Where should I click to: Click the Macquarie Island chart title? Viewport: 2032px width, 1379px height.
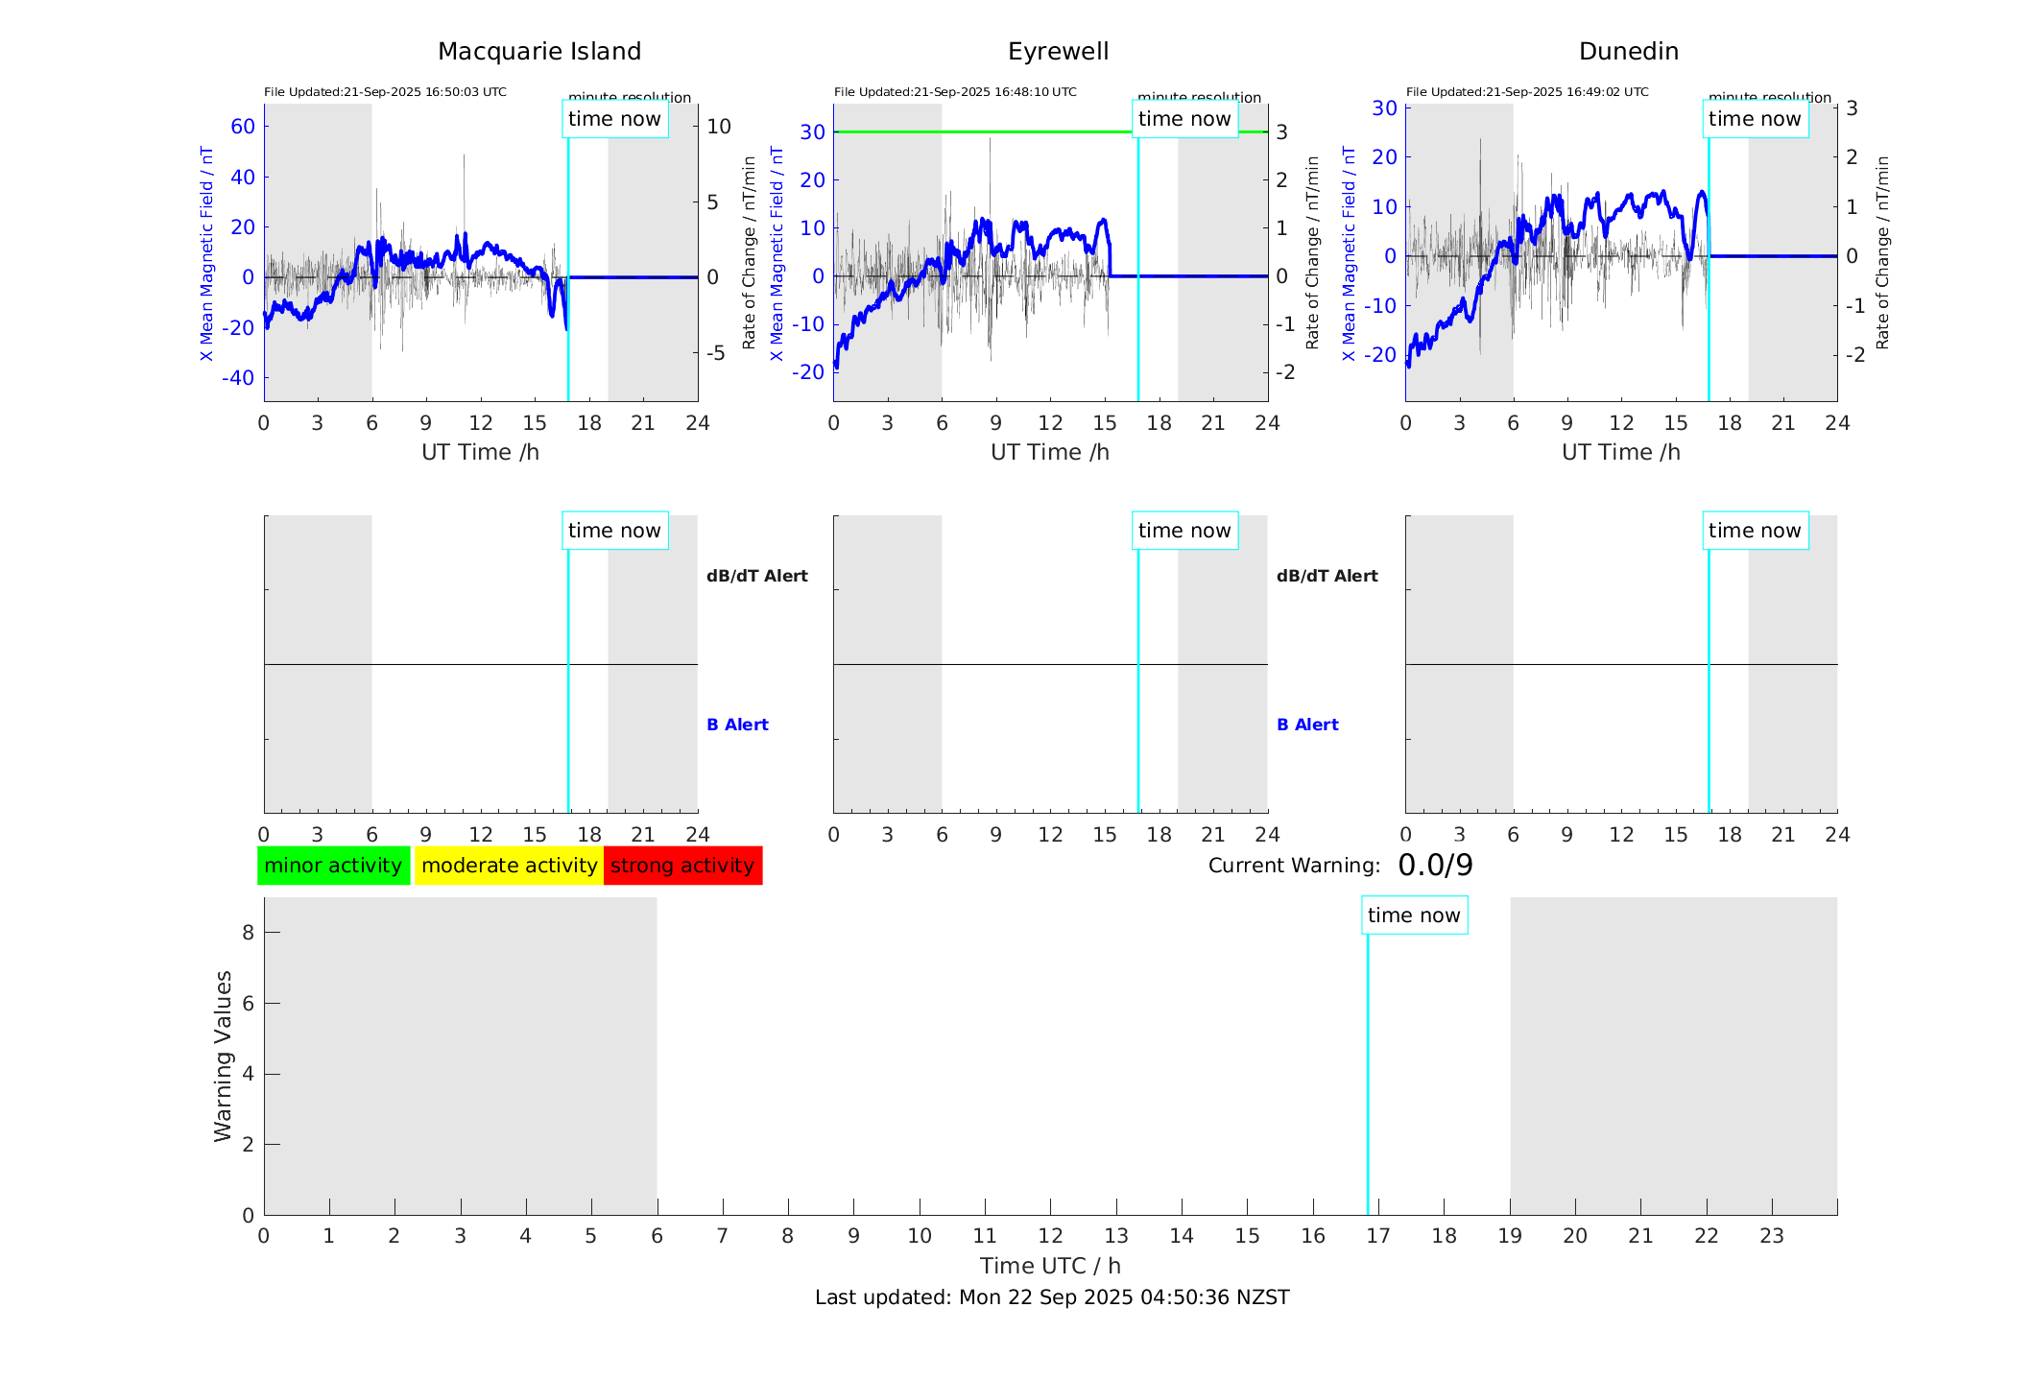click(x=538, y=52)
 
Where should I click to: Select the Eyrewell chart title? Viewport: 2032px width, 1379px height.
click(x=1058, y=52)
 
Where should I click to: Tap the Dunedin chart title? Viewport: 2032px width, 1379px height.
click(x=1628, y=52)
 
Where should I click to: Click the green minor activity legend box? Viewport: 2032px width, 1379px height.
click(x=333, y=866)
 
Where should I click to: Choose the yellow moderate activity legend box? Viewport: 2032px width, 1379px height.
click(x=509, y=866)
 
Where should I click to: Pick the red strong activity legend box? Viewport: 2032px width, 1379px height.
click(x=682, y=866)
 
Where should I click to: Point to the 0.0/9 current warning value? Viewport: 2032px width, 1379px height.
click(x=1435, y=866)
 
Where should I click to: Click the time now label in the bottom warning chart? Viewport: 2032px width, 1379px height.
click(x=1414, y=915)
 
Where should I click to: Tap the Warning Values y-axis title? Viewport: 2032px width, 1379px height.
click(x=224, y=1056)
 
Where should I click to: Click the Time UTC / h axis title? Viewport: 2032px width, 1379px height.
click(x=1050, y=1266)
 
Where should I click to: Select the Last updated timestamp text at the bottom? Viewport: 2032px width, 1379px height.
click(x=1052, y=1297)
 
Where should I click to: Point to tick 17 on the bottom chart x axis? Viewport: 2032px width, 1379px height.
click(x=1378, y=1236)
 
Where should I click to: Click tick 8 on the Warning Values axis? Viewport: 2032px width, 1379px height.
click(x=248, y=932)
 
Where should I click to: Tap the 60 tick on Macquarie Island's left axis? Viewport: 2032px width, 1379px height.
click(x=243, y=127)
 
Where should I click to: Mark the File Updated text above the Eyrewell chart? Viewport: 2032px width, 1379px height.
click(x=955, y=92)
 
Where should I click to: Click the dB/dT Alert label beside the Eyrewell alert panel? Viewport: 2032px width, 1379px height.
click(x=1327, y=576)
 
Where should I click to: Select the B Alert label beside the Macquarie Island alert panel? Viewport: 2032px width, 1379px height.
click(x=737, y=725)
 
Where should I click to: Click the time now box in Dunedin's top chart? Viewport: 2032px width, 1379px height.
click(x=1755, y=119)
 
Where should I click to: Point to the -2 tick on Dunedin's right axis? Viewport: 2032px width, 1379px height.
click(x=1856, y=355)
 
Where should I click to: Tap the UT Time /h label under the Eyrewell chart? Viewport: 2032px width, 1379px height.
click(x=1050, y=452)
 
